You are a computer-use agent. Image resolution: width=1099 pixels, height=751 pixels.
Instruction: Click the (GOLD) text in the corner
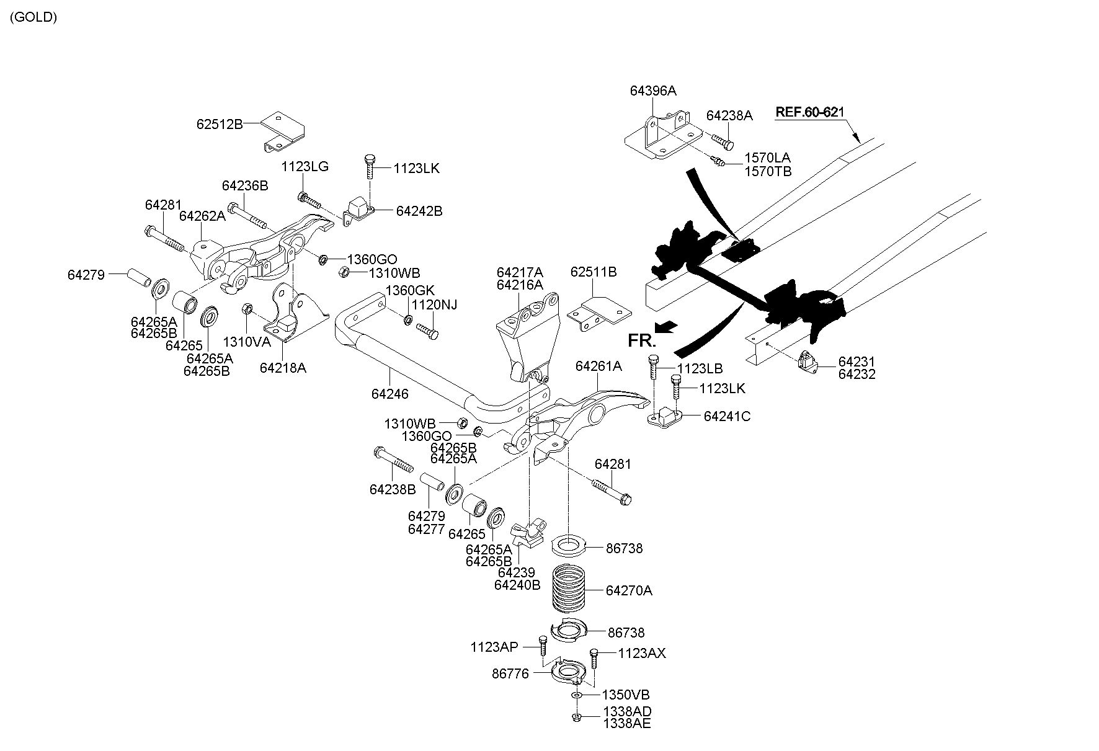33,17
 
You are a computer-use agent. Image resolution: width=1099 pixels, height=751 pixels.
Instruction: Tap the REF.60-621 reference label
809,112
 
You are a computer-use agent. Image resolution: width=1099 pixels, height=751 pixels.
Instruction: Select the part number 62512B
220,123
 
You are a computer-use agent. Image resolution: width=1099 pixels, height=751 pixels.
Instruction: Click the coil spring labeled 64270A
569,590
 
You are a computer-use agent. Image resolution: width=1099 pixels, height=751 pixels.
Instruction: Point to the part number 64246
390,393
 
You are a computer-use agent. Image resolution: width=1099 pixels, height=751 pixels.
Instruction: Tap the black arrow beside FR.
667,327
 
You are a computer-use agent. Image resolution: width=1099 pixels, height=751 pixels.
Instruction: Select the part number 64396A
653,91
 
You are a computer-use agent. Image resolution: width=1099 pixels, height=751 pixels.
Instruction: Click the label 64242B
419,211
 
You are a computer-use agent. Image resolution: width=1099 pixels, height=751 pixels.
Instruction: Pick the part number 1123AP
494,647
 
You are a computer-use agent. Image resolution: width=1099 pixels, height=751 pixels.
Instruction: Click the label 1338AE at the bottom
628,723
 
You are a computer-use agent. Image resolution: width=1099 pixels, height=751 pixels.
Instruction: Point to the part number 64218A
283,368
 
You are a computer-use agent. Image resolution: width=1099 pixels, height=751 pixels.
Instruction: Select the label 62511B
594,272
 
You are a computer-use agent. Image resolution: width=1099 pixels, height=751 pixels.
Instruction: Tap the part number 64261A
598,366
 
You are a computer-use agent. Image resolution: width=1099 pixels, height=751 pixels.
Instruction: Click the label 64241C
727,416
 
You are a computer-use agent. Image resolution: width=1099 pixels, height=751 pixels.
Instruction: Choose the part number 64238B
393,489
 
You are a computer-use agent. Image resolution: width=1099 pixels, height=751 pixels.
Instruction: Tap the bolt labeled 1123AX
594,663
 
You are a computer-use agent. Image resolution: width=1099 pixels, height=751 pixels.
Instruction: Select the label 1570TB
768,171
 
